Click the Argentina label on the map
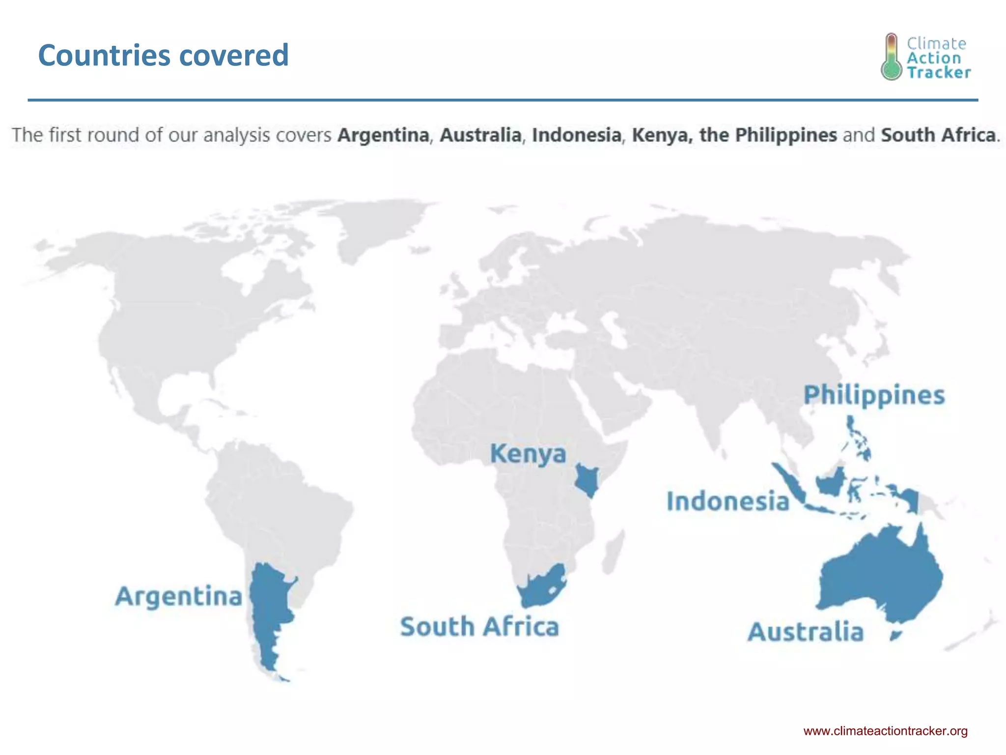tap(179, 596)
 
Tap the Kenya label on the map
tap(528, 453)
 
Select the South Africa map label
tap(479, 627)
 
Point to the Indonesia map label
tap(727, 501)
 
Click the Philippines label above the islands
tap(874, 395)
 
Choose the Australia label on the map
tap(806, 632)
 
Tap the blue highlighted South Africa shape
tap(543, 587)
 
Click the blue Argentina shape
tap(268, 605)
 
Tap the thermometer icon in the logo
tap(892, 57)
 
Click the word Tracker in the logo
tap(939, 73)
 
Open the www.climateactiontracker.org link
tap(885, 731)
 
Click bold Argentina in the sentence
tap(383, 135)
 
